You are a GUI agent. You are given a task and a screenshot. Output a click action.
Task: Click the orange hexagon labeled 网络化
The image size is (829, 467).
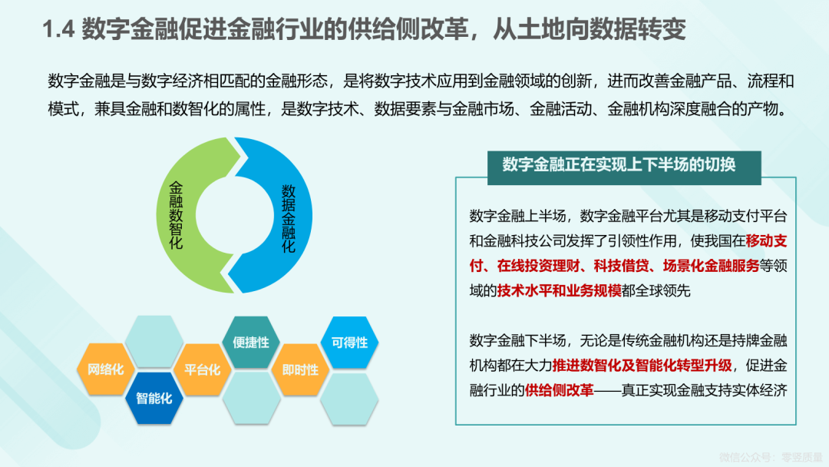pyautogui.click(x=105, y=369)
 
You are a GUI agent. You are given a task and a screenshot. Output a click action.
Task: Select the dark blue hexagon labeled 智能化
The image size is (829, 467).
pyautogui.click(x=154, y=398)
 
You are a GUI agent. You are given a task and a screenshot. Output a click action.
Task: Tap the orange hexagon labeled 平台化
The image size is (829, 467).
pyautogui.click(x=203, y=369)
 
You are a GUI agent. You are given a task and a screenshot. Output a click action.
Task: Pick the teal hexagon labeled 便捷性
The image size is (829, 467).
pyautogui.click(x=251, y=342)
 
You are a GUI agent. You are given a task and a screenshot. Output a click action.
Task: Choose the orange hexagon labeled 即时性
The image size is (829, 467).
pyautogui.click(x=300, y=369)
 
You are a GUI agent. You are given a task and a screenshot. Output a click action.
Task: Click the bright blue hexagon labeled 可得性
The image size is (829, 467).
pyautogui.click(x=349, y=342)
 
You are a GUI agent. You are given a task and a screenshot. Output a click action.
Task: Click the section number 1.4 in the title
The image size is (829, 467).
pyautogui.click(x=58, y=29)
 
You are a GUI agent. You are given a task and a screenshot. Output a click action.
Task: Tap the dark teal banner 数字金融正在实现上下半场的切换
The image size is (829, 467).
pyautogui.click(x=624, y=167)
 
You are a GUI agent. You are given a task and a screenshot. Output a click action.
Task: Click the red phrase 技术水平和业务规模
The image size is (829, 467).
pyautogui.click(x=560, y=290)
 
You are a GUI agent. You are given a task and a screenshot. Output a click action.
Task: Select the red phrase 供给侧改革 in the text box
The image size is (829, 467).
pyautogui.click(x=559, y=390)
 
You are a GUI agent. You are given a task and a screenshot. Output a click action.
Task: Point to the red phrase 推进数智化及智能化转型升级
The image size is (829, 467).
pyautogui.click(x=642, y=366)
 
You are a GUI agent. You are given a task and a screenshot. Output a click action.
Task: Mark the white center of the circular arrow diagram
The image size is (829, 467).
pyautogui.click(x=234, y=215)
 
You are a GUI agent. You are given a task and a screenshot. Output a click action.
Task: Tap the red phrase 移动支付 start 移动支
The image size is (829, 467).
pyautogui.click(x=767, y=241)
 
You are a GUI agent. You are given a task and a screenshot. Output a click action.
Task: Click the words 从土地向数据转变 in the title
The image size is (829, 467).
pyautogui.click(x=590, y=29)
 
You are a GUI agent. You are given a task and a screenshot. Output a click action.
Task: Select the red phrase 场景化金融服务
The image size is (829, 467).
pyautogui.click(x=711, y=266)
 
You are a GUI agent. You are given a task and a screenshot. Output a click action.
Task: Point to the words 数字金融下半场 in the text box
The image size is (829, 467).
pyautogui.click(x=517, y=340)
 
